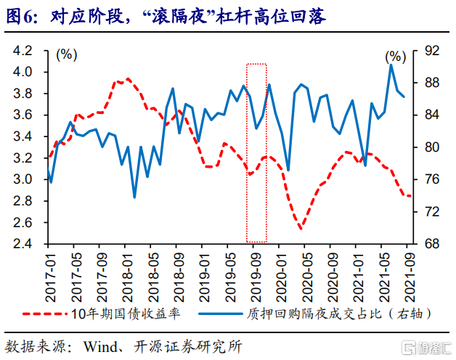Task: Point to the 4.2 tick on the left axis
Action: pyautogui.click(x=23, y=51)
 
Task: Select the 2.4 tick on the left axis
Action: pyautogui.click(x=23, y=244)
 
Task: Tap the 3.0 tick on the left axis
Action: pyautogui.click(x=23, y=179)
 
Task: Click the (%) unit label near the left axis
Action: pyautogui.click(x=67, y=54)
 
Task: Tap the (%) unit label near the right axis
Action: pyautogui.click(x=396, y=56)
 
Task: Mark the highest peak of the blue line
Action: pyautogui.click(x=391, y=65)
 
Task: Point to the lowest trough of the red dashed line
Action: pyautogui.click(x=301, y=229)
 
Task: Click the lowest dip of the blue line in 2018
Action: pyautogui.click(x=134, y=197)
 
